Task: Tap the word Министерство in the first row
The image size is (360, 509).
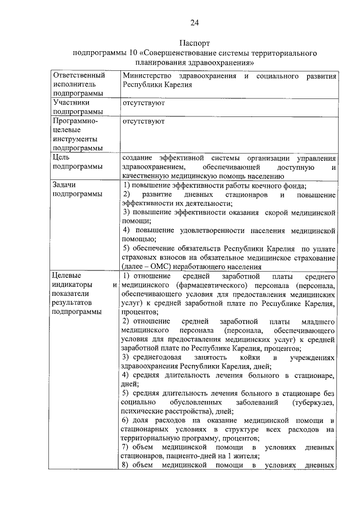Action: click(147, 75)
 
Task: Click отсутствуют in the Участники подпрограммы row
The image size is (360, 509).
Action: click(143, 103)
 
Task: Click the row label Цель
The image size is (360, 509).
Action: click(61, 157)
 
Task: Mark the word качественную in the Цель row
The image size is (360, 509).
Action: click(144, 176)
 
